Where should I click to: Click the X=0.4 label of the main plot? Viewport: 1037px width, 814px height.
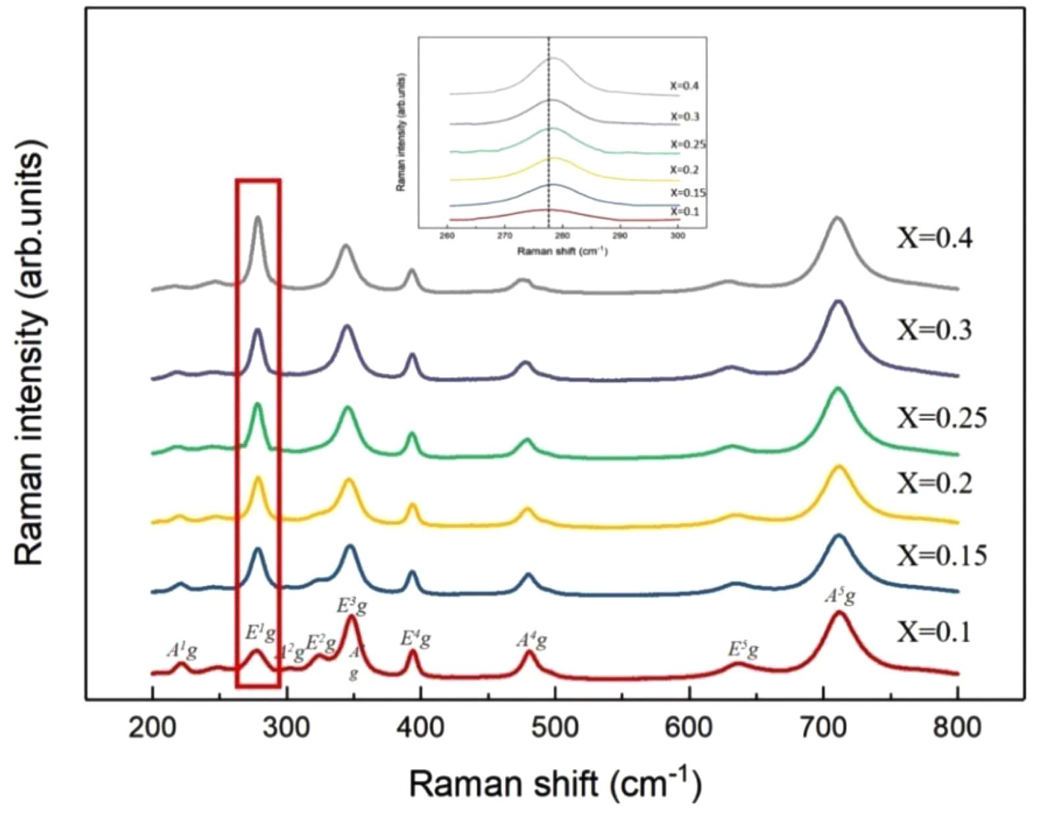click(x=934, y=238)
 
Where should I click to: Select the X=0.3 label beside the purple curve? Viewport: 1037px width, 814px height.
click(x=934, y=330)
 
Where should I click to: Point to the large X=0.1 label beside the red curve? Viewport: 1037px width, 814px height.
click(x=934, y=633)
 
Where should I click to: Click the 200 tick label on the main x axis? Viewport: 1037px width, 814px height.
click(x=152, y=727)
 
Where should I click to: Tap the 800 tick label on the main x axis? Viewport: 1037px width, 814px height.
click(x=957, y=727)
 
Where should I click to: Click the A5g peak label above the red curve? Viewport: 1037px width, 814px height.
click(x=841, y=597)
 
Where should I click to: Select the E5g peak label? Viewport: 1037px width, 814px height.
click(x=743, y=651)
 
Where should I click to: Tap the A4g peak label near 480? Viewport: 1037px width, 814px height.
click(x=531, y=640)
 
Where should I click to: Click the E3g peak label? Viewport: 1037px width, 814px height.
click(x=352, y=605)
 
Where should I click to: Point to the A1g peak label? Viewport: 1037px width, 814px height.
click(x=181, y=651)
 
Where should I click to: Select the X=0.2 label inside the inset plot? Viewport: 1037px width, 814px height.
click(x=685, y=170)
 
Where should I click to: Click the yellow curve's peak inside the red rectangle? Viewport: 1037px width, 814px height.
click(x=257, y=477)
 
